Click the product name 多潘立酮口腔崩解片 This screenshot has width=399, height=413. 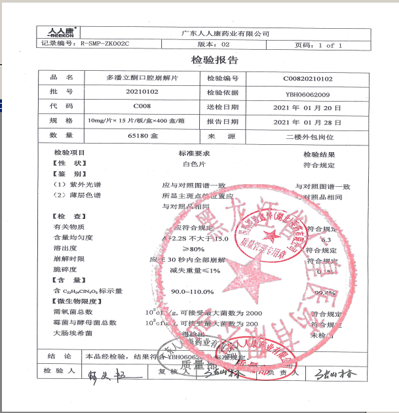tap(142, 79)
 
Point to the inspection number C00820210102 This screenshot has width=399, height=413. tap(308, 79)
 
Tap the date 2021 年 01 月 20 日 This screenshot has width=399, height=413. tap(307, 107)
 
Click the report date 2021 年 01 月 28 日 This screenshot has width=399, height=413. tap(307, 122)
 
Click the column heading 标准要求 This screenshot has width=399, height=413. tap(194, 153)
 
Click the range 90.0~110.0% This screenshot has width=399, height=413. tap(194, 291)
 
